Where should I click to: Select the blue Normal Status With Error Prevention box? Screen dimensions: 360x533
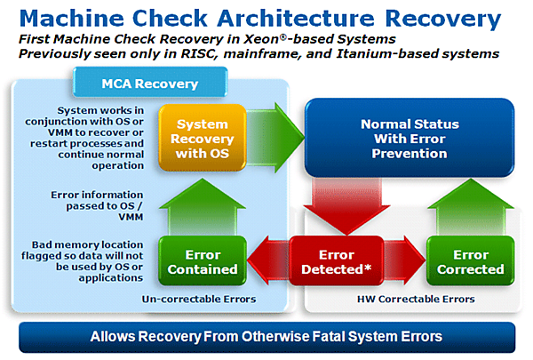[x=410, y=140]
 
